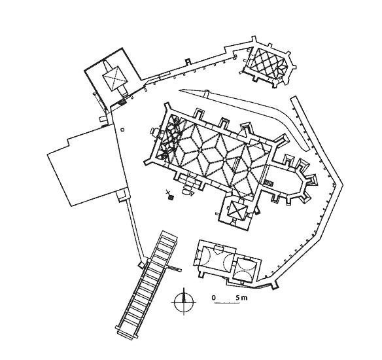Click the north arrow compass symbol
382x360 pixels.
pos(184,302)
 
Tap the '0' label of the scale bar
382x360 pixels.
pos(214,298)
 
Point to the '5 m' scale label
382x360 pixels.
pos(241,298)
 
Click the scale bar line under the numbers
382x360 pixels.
pos(227,303)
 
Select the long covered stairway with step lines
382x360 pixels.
pos(147,284)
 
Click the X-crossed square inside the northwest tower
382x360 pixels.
pos(114,78)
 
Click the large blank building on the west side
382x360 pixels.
pos(87,165)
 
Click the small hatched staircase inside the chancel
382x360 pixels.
pos(269,183)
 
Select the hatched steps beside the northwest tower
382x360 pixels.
pos(122,102)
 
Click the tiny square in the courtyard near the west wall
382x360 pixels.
pos(122,130)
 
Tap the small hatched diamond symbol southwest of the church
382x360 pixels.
pos(172,197)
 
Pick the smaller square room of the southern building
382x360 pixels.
pos(245,269)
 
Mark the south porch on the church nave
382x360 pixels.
pos(189,181)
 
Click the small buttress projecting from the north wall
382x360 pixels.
pos(188,62)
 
